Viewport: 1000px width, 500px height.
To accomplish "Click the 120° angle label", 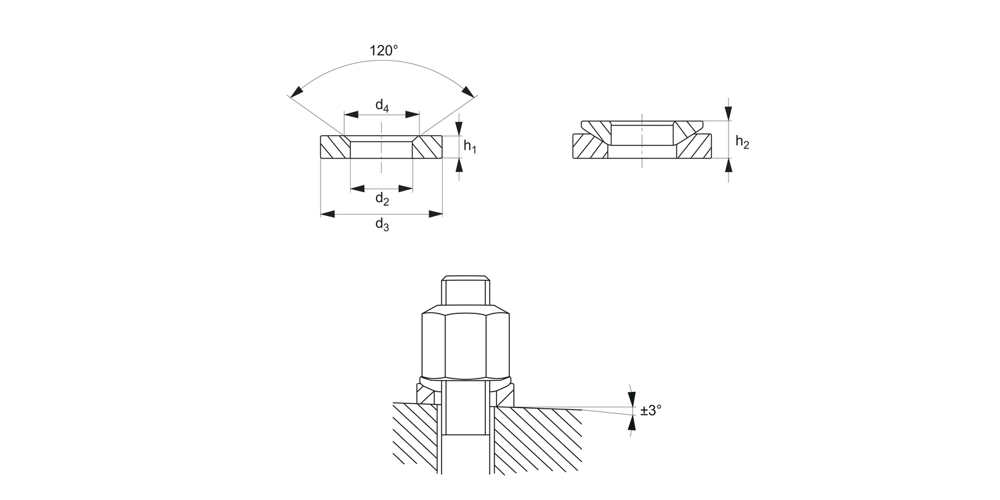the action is click(x=383, y=51).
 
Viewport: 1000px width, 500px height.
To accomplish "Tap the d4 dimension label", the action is click(x=382, y=106).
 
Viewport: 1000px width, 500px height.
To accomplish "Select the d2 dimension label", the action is click(x=382, y=199).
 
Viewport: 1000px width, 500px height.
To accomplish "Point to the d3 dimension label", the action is click(x=382, y=225).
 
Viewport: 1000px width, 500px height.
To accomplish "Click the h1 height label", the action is click(x=470, y=147).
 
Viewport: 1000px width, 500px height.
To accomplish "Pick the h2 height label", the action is click(x=743, y=143).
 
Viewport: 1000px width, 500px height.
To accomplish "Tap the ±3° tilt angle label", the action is click(x=651, y=410).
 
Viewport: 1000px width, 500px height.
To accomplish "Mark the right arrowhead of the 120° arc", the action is click(x=467, y=91).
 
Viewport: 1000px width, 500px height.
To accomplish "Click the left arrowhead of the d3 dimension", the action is click(x=328, y=214).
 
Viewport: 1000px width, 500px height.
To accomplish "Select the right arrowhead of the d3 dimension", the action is click(x=436, y=214).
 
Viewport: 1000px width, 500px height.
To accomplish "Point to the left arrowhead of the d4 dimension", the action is click(x=351, y=115).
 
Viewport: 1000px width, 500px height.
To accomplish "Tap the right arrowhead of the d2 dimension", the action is click(x=406, y=189).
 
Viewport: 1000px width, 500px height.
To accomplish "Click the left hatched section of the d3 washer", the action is click(x=335, y=147).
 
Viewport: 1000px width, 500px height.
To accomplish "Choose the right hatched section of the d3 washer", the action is click(x=427, y=147).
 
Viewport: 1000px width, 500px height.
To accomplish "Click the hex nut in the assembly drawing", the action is click(x=465, y=343).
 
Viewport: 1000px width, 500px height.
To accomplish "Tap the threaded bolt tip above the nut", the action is click(x=465, y=290).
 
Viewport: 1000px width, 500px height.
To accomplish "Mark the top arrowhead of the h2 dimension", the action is click(x=729, y=113).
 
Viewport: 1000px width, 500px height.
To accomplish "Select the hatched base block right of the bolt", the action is click(x=538, y=440).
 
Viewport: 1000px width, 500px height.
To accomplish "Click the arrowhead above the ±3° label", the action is click(x=632, y=399).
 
